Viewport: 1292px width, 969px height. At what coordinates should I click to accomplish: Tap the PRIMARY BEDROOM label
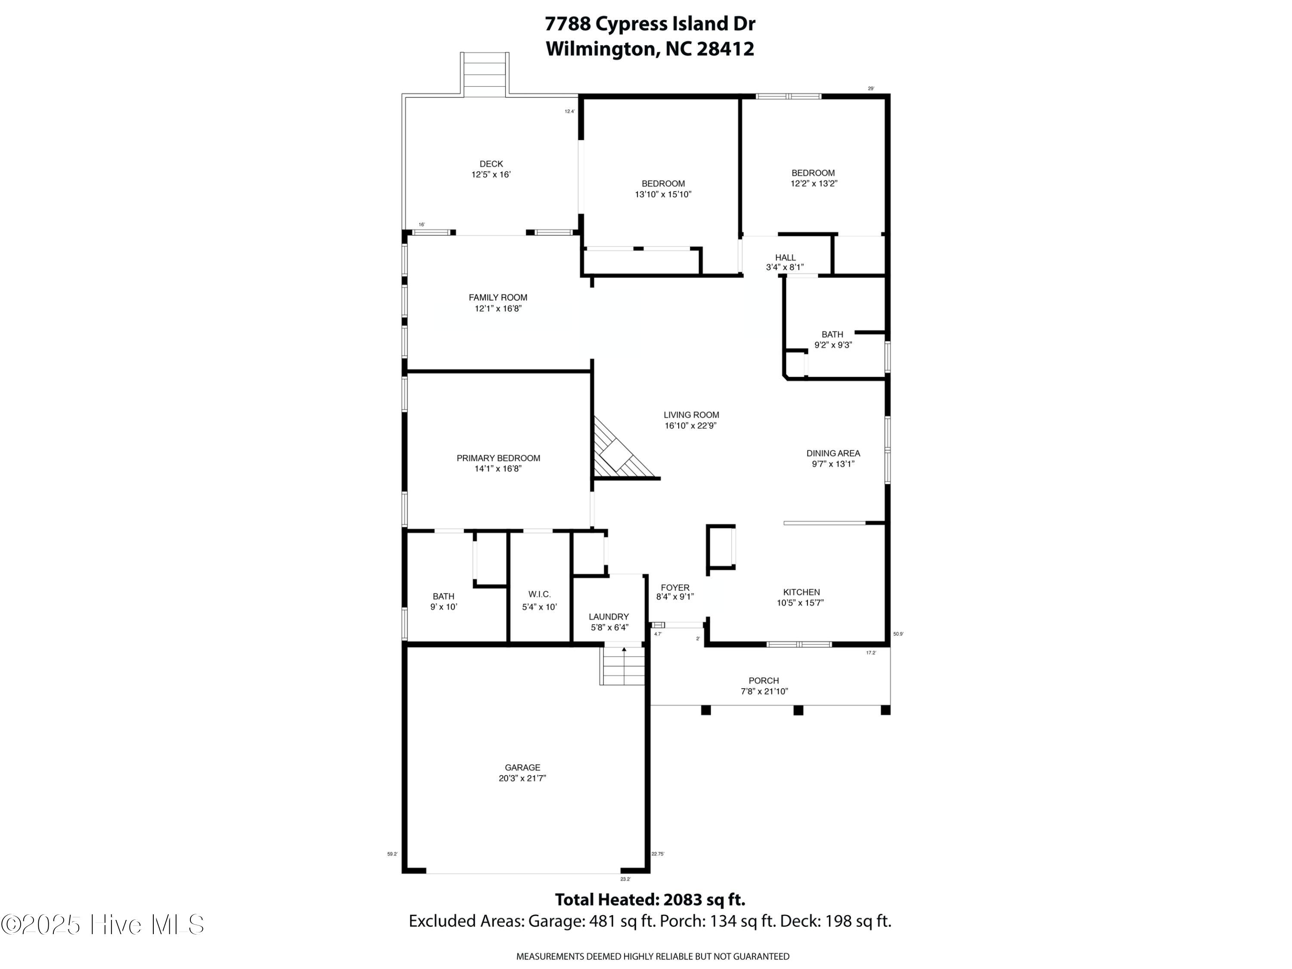click(x=498, y=458)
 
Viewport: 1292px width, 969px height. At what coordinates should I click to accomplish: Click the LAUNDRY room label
click(x=609, y=617)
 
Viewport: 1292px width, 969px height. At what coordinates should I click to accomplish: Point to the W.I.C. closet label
click(x=539, y=595)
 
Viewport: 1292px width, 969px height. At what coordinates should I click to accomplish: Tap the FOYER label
click(x=675, y=587)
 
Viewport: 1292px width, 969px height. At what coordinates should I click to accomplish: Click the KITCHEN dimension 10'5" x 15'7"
click(x=800, y=603)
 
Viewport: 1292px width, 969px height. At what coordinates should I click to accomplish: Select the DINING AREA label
click(x=833, y=453)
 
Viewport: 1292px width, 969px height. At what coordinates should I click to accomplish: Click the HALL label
click(x=785, y=258)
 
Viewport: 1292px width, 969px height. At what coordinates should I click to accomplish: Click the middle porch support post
click(x=798, y=710)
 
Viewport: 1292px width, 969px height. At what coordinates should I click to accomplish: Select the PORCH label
click(x=764, y=680)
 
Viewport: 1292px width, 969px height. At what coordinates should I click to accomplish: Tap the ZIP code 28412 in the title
click(x=725, y=49)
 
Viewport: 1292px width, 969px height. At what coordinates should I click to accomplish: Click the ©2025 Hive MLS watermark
click(x=103, y=924)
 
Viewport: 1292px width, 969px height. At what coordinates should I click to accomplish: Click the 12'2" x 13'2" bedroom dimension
click(x=814, y=183)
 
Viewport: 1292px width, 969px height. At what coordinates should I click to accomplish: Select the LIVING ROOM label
click(x=691, y=415)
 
